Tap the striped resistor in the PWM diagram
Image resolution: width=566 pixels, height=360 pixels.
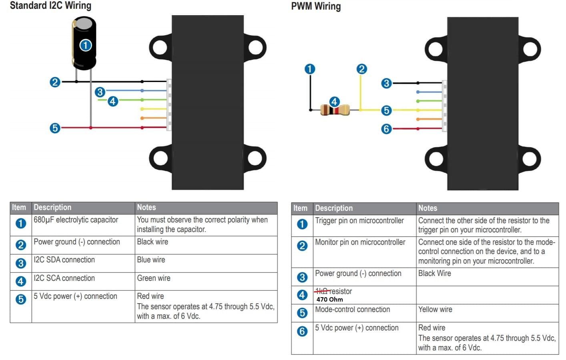coord(335,110)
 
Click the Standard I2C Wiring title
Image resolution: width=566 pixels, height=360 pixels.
coord(50,6)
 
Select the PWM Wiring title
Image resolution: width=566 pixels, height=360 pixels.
coord(316,6)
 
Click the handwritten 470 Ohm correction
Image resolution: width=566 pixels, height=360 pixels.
coord(329,299)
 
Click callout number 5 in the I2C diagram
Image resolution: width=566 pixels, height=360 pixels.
coord(55,128)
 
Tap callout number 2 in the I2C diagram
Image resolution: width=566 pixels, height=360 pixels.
coord(55,82)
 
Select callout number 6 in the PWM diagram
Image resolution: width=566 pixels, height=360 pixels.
coord(386,129)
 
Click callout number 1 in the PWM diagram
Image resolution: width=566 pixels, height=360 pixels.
coord(310,69)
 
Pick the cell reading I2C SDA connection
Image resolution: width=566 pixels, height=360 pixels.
coord(64,260)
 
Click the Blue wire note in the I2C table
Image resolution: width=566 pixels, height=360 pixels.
coord(151,260)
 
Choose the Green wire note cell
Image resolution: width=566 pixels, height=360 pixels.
coord(153,278)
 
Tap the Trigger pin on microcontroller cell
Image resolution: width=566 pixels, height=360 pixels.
coord(359,220)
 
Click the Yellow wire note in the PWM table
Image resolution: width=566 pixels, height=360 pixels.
coord(435,309)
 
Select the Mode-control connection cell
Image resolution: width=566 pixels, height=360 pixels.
coord(352,309)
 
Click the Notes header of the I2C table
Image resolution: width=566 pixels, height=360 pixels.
coord(147,207)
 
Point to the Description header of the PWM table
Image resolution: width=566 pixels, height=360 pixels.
coord(334,208)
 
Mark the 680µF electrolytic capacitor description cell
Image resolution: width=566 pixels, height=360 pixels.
coord(76,220)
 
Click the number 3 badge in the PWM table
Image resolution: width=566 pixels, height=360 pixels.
coord(302,277)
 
